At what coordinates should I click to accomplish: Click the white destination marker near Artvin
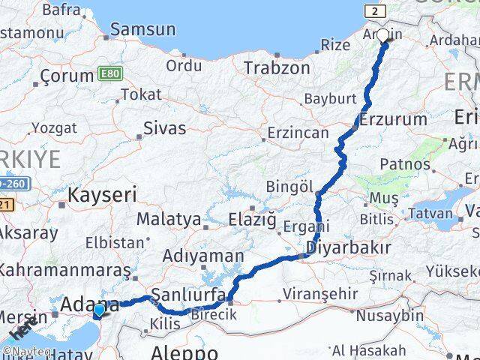click(x=383, y=35)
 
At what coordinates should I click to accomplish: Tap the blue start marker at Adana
click(x=98, y=310)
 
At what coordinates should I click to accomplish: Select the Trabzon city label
click(x=276, y=67)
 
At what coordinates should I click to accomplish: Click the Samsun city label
click(x=142, y=30)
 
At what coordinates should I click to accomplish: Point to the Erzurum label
click(x=393, y=119)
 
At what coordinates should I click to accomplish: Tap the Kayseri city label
click(x=103, y=196)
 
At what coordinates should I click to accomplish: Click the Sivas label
click(x=164, y=127)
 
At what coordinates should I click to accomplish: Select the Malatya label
click(x=169, y=220)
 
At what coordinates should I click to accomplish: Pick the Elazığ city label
click(x=252, y=220)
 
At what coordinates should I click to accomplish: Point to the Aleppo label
click(x=184, y=352)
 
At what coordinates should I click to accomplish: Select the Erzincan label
click(x=298, y=133)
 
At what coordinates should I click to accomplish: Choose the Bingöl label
click(x=286, y=185)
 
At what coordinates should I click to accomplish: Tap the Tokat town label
click(x=141, y=94)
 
